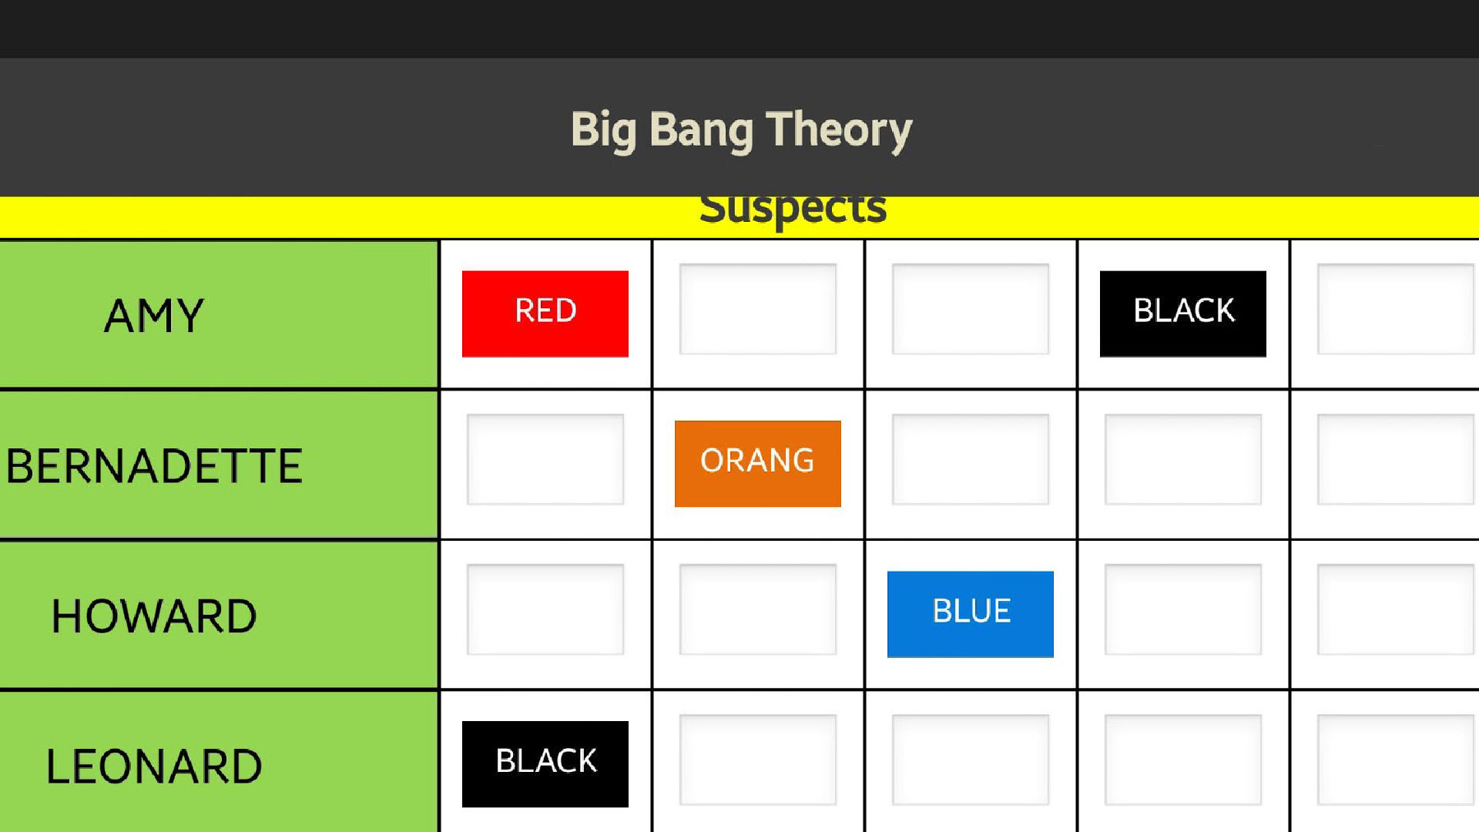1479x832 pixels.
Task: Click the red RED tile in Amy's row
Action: coord(545,314)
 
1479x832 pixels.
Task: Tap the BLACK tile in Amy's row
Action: coord(1183,314)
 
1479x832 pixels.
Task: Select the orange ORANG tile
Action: coord(758,464)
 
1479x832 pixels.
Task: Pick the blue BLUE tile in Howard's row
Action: coord(971,614)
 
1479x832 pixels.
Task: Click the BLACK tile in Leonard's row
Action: coord(545,764)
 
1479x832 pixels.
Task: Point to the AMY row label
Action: coord(154,316)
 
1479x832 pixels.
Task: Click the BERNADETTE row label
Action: coord(154,466)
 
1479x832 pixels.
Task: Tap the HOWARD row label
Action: coord(154,616)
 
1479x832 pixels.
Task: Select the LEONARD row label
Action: coord(154,767)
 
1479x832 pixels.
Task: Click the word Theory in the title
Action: coord(839,130)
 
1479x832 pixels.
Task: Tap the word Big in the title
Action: coord(604,130)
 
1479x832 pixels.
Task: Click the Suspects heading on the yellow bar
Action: coord(793,210)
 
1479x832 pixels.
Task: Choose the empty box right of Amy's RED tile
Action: coord(758,309)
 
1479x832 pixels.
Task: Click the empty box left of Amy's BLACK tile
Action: coord(971,309)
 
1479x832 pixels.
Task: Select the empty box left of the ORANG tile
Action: coord(545,459)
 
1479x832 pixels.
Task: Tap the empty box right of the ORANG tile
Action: coord(971,459)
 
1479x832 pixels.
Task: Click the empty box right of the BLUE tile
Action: coord(1183,609)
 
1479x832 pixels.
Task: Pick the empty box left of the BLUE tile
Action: coord(758,609)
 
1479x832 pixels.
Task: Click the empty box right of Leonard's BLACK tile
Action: coord(758,760)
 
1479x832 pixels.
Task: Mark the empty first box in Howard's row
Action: coord(545,609)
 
